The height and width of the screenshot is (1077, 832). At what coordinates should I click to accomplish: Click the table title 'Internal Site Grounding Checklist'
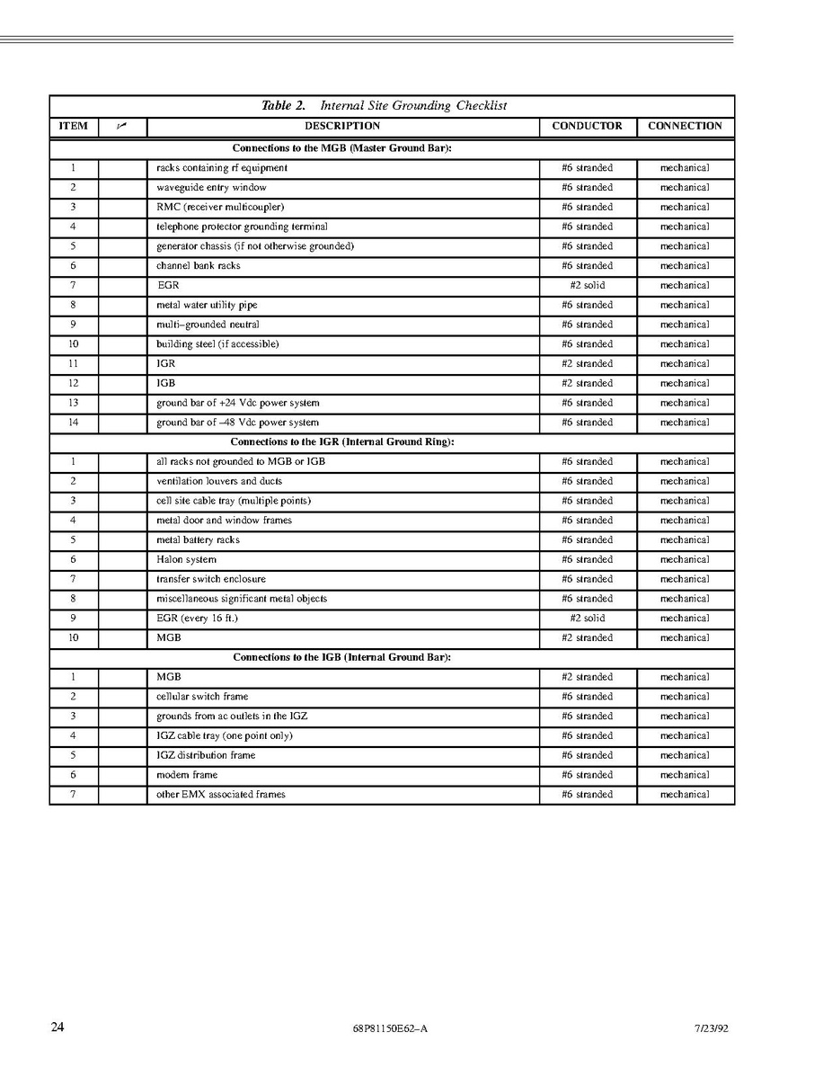(x=413, y=106)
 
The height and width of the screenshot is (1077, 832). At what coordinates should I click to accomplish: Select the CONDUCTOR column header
(x=587, y=127)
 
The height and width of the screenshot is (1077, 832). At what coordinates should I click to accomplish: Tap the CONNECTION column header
(x=685, y=127)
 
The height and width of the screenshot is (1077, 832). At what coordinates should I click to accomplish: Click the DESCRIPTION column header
(x=342, y=127)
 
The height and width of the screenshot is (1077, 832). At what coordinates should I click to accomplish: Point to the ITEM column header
(x=73, y=127)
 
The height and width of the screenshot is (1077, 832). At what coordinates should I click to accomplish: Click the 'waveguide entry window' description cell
(x=211, y=188)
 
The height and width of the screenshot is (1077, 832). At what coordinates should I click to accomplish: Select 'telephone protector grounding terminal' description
(x=242, y=227)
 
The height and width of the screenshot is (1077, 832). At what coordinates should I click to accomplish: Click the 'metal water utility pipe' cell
(x=207, y=306)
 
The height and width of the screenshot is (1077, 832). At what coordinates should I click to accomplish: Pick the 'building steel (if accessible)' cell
(x=217, y=344)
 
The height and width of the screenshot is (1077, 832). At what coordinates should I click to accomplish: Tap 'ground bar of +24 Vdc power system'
(x=237, y=404)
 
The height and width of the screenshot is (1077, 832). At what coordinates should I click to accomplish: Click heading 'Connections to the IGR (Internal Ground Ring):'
(x=342, y=442)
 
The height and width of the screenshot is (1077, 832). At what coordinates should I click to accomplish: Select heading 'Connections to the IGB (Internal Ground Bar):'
(x=341, y=658)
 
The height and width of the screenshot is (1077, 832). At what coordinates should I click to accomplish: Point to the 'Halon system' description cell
(x=186, y=560)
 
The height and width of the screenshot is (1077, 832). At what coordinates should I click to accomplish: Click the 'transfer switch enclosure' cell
(x=211, y=580)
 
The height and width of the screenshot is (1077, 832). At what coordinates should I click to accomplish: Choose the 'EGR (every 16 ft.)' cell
(x=197, y=619)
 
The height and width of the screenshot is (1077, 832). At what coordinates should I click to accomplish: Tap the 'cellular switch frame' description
(x=202, y=697)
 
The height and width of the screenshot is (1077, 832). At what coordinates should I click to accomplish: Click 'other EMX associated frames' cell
(x=221, y=795)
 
